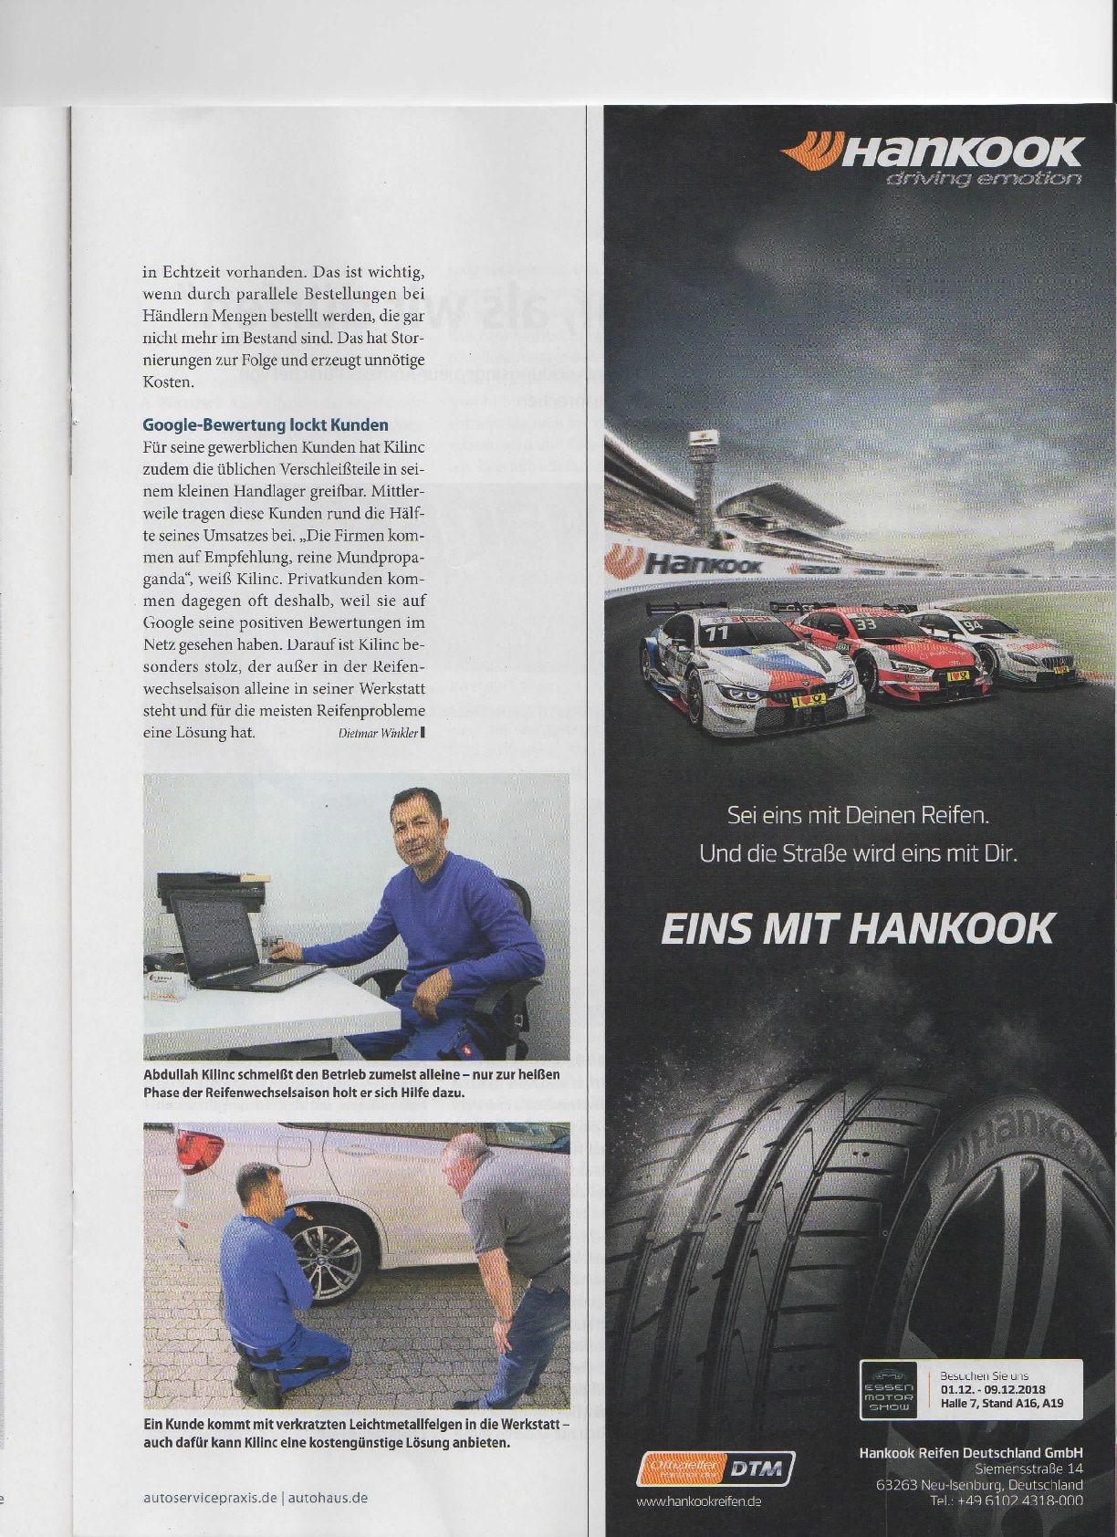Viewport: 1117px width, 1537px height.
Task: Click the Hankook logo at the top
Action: coord(933,151)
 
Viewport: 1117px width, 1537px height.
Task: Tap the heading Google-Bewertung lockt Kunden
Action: coord(266,425)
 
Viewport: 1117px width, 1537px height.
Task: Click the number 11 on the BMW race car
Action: coord(718,631)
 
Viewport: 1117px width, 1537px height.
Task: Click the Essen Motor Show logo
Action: coord(888,1389)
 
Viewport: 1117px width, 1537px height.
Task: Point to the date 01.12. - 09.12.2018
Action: coord(992,1390)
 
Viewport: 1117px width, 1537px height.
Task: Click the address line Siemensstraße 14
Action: coord(1028,1469)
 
